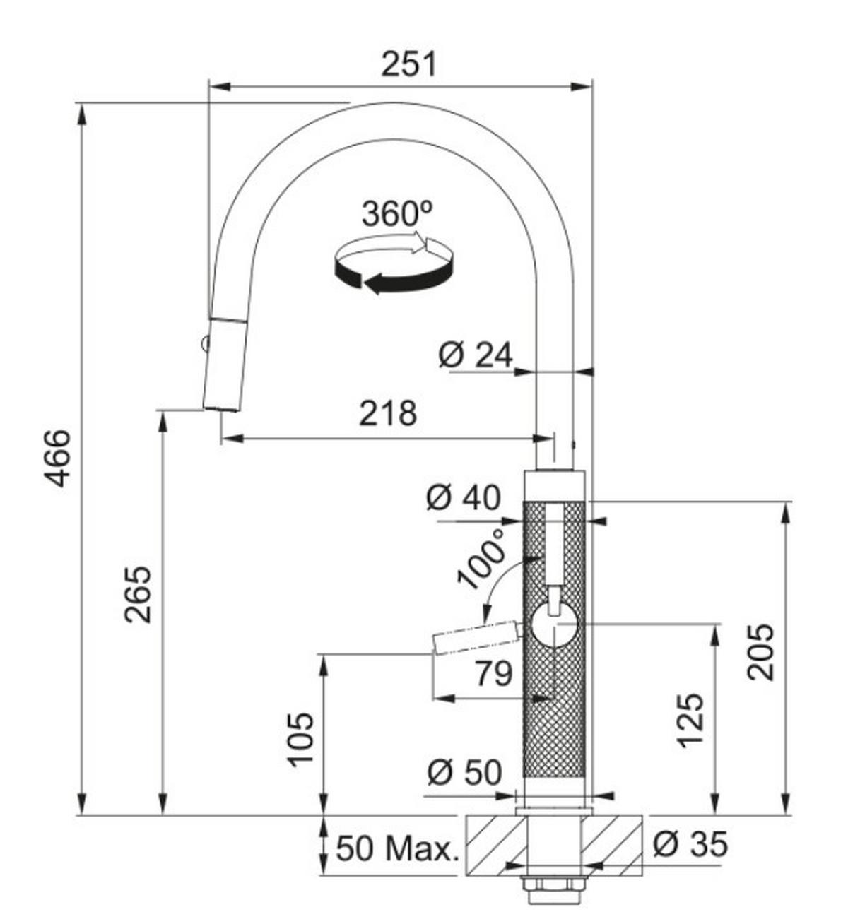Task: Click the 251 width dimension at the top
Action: click(x=409, y=64)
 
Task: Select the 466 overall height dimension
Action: click(x=57, y=457)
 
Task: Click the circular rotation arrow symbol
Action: click(x=394, y=266)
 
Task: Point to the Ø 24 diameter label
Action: click(x=475, y=355)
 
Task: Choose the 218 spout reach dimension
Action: click(x=388, y=413)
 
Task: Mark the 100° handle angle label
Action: click(x=483, y=556)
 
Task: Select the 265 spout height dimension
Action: click(x=138, y=593)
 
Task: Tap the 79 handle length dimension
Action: click(x=493, y=674)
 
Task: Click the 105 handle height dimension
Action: click(x=300, y=739)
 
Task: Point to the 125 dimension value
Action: click(x=690, y=719)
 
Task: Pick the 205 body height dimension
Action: click(x=760, y=651)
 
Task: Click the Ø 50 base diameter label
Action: click(x=464, y=773)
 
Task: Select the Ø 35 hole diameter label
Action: click(x=689, y=843)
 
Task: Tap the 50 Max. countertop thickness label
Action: click(x=396, y=848)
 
